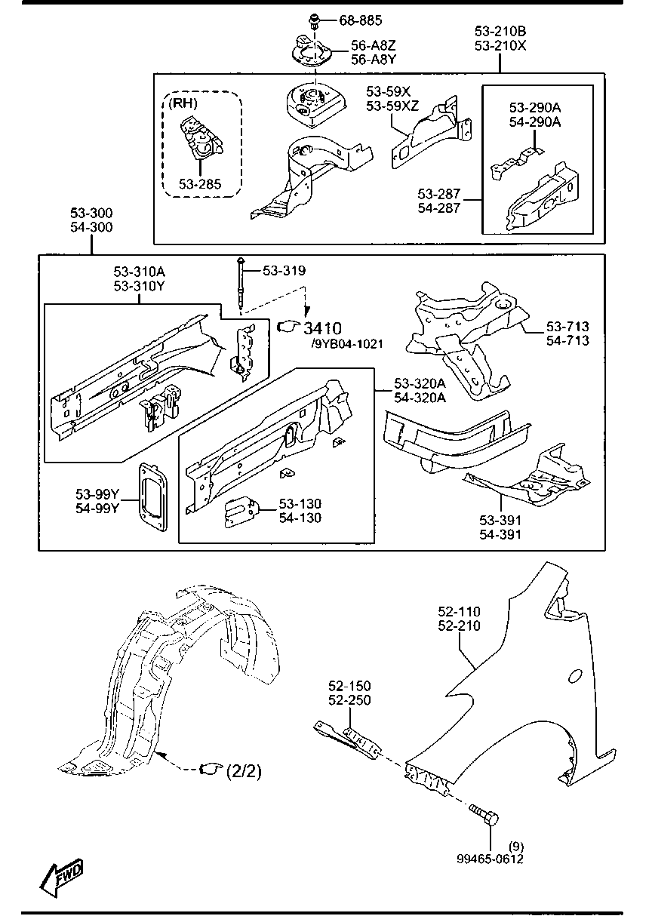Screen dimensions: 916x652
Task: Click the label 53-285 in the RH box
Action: (x=200, y=183)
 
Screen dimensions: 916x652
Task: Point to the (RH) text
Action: (x=182, y=103)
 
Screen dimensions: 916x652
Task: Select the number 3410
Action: (x=322, y=327)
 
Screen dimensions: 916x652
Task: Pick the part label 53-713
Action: (x=567, y=327)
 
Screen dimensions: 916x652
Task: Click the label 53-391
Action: (x=500, y=521)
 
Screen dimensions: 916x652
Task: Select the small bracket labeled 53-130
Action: (x=241, y=512)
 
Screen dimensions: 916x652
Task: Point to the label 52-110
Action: (x=460, y=612)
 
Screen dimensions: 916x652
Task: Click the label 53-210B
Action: (x=500, y=31)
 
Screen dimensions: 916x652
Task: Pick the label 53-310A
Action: (x=140, y=272)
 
